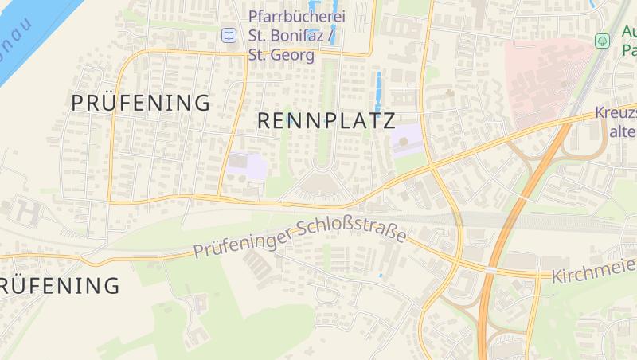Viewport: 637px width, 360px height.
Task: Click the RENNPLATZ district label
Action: point(326,121)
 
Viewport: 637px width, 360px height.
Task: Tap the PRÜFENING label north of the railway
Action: point(141,103)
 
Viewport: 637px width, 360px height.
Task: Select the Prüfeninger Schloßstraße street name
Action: point(299,238)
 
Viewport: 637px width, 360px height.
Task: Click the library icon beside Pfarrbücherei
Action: point(229,35)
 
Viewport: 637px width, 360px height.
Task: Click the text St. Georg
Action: point(281,55)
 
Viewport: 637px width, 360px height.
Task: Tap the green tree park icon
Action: point(603,40)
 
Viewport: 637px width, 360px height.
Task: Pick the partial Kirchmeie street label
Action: point(592,276)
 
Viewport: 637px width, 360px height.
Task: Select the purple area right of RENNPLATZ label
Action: point(406,140)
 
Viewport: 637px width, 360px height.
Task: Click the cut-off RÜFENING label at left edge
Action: point(60,285)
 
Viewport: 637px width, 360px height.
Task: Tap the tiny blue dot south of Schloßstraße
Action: point(381,276)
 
